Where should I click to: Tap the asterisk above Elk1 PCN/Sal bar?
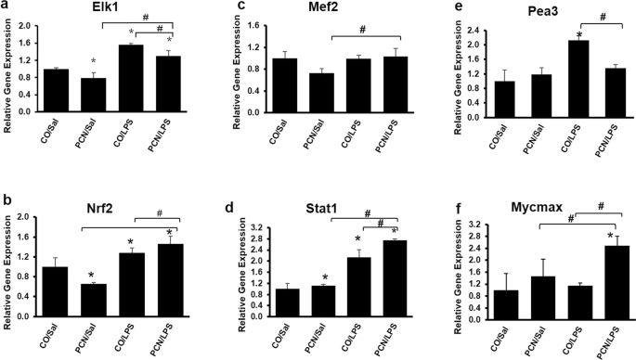pos(94,62)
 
